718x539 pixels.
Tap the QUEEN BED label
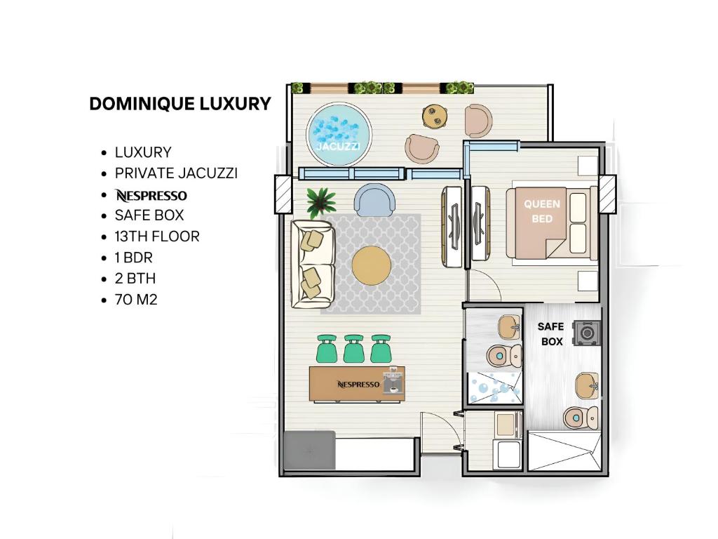click(x=542, y=211)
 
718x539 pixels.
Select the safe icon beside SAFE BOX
click(x=586, y=332)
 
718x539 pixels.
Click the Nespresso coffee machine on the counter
click(x=393, y=380)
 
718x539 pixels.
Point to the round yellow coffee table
click(x=372, y=265)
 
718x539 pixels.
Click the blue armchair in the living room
click(x=374, y=199)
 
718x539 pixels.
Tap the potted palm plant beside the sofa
click(x=321, y=202)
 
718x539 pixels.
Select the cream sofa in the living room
click(x=313, y=264)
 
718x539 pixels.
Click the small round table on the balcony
click(x=435, y=117)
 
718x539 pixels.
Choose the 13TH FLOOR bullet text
click(x=157, y=237)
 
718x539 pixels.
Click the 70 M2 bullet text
click(x=136, y=300)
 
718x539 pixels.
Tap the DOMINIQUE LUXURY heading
click(x=180, y=104)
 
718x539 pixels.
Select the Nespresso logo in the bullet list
click(x=151, y=196)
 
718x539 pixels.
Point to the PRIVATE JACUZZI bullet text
click(x=176, y=173)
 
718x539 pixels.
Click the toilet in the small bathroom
click(x=503, y=356)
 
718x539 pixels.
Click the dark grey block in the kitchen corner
click(x=309, y=450)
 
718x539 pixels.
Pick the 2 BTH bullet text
click(x=135, y=279)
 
